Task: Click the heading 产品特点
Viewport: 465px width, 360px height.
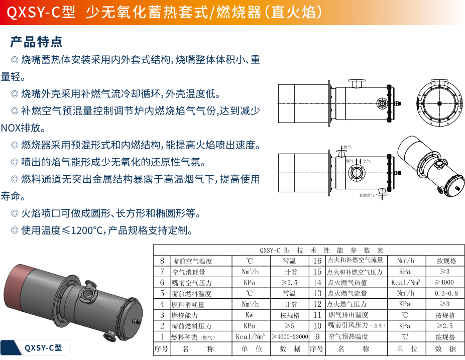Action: pyautogui.click(x=36, y=42)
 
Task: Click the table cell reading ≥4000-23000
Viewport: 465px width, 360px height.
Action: pyautogui.click(x=290, y=336)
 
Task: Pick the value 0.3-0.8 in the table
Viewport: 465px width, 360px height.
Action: pyautogui.click(x=446, y=293)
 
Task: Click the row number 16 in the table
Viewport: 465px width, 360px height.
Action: pyautogui.click(x=317, y=261)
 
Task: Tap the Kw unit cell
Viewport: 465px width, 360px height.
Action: pyautogui.click(x=250, y=315)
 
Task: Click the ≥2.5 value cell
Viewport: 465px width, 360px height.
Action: pyautogui.click(x=445, y=326)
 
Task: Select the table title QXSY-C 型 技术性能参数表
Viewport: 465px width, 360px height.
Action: pyautogui.click(x=322, y=250)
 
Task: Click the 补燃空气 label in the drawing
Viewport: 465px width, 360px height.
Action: pyautogui.click(x=367, y=195)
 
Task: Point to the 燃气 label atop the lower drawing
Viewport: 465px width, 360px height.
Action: pyautogui.click(x=347, y=147)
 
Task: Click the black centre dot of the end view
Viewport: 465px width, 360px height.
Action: pyautogui.click(x=439, y=103)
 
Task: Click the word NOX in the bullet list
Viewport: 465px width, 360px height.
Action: pyautogui.click(x=11, y=128)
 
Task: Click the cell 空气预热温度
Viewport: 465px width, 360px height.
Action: pyautogui.click(x=348, y=336)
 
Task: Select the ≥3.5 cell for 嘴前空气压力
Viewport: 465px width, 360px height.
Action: pyautogui.click(x=289, y=282)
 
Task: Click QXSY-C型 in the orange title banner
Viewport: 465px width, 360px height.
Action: pyautogui.click(x=41, y=13)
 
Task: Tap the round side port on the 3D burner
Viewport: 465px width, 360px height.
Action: pyautogui.click(x=88, y=294)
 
